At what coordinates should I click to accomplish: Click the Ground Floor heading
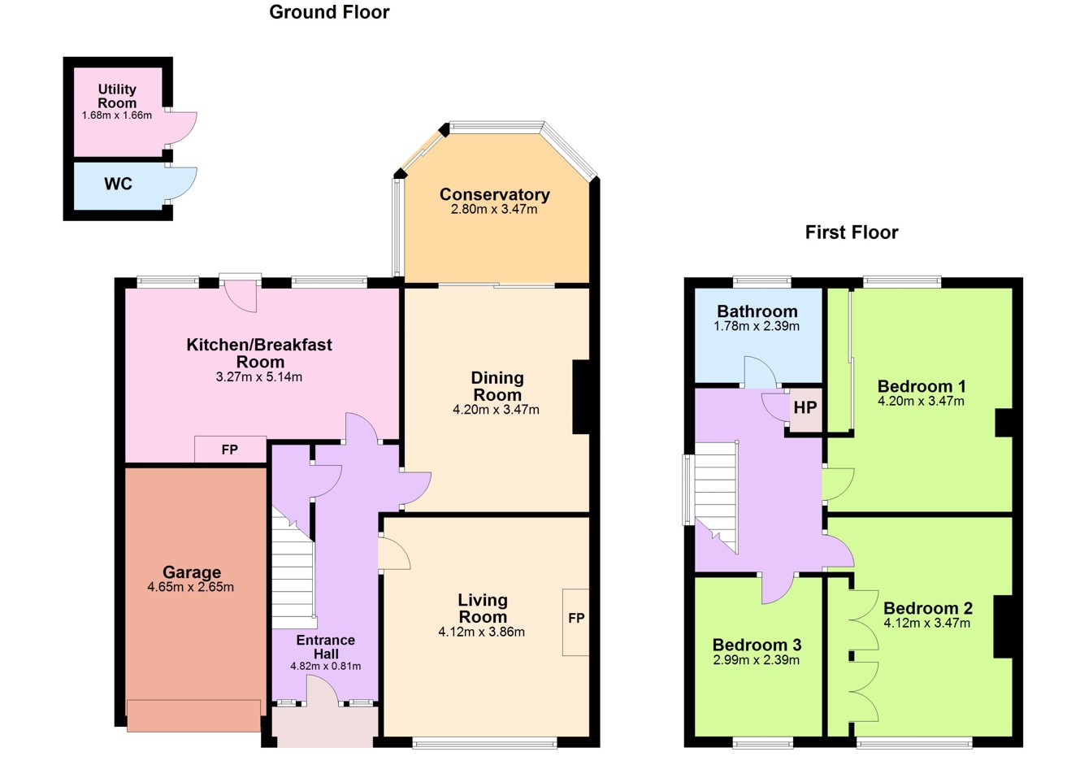(x=329, y=12)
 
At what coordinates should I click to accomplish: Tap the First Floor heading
(x=852, y=233)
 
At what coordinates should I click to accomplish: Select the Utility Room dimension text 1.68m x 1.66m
(x=117, y=115)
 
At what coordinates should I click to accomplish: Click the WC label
(x=118, y=184)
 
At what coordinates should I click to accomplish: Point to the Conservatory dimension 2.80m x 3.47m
(x=494, y=209)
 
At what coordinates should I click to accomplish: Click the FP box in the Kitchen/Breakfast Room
(x=231, y=450)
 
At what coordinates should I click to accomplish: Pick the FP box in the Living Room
(x=575, y=622)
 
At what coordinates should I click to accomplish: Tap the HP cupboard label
(x=805, y=408)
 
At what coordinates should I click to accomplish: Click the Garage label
(x=192, y=572)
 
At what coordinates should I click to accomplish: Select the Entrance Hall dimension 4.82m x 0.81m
(x=325, y=667)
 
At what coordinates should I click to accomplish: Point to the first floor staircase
(x=717, y=497)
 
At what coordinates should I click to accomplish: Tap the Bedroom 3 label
(x=757, y=645)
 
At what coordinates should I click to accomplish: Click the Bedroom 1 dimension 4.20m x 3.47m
(x=921, y=402)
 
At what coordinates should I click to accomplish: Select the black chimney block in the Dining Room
(x=581, y=397)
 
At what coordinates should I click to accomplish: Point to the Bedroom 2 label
(x=928, y=608)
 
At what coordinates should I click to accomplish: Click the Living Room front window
(x=485, y=743)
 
